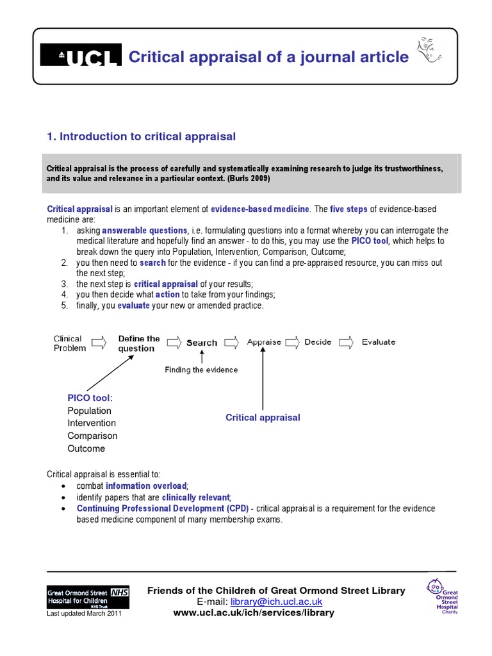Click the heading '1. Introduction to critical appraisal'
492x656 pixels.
(142, 136)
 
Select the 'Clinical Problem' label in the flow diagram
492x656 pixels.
(69, 343)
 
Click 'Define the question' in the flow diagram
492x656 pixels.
(138, 343)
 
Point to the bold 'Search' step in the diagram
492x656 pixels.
(202, 343)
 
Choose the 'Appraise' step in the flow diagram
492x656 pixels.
(264, 342)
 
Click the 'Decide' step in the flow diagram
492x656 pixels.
(318, 342)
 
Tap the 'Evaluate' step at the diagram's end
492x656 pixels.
(379, 342)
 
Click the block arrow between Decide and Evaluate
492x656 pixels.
(346, 342)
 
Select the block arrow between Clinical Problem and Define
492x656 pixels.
(99, 343)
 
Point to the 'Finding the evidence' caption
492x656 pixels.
(201, 370)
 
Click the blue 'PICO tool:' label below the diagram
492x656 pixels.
(90, 398)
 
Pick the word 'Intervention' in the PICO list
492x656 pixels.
(92, 423)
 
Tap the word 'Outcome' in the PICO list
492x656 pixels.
(86, 448)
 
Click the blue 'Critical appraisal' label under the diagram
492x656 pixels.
(263, 418)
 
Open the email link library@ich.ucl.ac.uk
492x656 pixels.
(277, 602)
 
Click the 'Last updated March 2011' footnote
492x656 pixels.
(84, 614)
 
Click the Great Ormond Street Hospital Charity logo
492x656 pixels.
(442, 596)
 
